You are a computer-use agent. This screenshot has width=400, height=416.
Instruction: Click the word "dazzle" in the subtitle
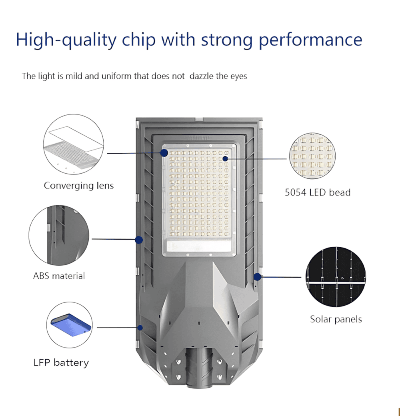201,76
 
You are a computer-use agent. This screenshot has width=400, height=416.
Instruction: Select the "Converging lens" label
79,186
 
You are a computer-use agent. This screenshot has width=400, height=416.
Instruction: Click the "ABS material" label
59,276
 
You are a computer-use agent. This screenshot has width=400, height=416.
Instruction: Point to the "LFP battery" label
61,363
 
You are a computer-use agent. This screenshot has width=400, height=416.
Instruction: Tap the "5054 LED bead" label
318,192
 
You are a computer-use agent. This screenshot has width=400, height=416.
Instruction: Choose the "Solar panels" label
336,319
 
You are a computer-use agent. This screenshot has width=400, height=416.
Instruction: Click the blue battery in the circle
71,325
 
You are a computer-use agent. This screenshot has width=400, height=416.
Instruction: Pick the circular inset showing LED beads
312,156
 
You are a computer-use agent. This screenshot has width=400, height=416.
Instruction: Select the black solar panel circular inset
336,277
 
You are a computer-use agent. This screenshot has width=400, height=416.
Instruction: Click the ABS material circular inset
59,235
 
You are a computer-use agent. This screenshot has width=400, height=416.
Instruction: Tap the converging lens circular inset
74,144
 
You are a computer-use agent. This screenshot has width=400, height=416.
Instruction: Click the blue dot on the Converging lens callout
164,153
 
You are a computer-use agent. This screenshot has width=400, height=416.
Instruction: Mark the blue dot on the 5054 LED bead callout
225,159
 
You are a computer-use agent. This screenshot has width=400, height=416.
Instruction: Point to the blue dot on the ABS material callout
139,240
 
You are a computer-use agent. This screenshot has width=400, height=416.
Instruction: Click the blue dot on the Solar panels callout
257,277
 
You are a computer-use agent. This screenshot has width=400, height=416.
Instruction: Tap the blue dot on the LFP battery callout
140,328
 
